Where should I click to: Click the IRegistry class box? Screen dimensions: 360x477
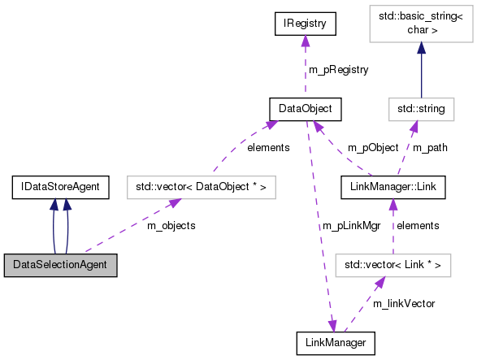click(x=306, y=24)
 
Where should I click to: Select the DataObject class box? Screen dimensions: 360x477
click(x=306, y=107)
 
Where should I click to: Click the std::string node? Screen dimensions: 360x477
click(x=420, y=107)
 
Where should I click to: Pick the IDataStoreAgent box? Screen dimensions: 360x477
click(x=60, y=188)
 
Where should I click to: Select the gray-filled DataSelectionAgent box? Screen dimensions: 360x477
click(x=60, y=265)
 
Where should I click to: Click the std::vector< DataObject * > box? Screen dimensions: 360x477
click(x=202, y=188)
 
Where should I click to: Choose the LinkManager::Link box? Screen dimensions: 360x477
click(x=393, y=188)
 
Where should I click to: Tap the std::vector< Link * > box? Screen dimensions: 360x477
click(x=393, y=265)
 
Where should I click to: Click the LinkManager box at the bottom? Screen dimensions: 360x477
click(x=336, y=344)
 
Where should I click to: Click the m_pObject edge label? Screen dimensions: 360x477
click(x=373, y=148)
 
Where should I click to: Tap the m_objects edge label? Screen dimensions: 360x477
click(x=171, y=225)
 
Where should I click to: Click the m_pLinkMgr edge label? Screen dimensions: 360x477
click(x=350, y=225)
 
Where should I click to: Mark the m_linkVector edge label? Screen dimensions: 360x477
click(x=404, y=303)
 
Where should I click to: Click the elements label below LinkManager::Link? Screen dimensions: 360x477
click(x=418, y=225)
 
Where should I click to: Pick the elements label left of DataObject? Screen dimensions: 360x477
click(x=268, y=148)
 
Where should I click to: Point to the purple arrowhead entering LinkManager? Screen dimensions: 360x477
click(x=332, y=327)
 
